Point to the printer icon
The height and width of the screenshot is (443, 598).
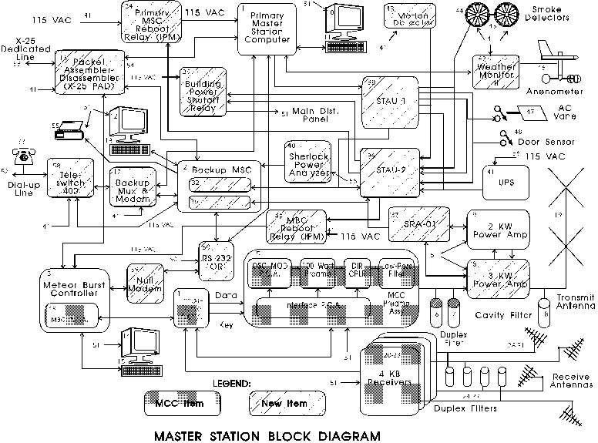pos(67,133)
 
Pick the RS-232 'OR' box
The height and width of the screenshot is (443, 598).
pos(213,259)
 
